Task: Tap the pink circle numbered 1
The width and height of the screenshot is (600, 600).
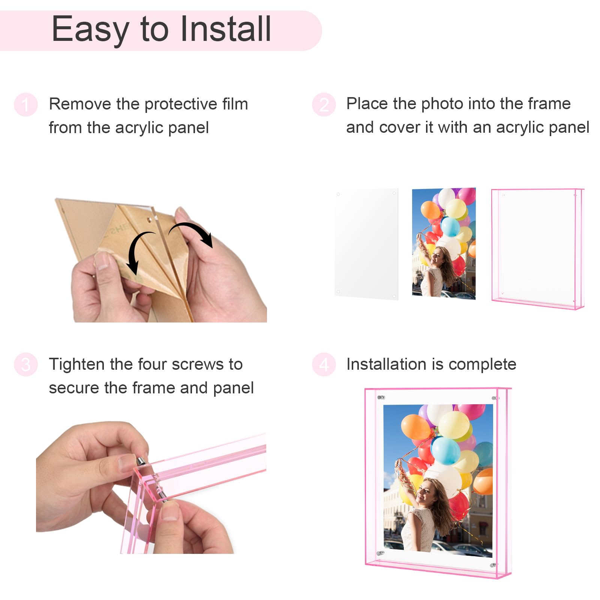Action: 25,105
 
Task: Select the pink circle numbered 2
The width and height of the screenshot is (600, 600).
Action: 324,105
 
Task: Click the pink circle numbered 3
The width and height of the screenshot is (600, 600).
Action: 25,364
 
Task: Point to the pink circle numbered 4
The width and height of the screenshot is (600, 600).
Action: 324,364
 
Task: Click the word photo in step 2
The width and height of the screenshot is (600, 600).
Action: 441,104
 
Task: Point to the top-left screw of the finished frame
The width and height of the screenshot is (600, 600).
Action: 381,397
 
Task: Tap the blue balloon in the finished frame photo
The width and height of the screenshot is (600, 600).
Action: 445,450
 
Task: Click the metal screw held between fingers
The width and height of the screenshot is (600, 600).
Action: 142,461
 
